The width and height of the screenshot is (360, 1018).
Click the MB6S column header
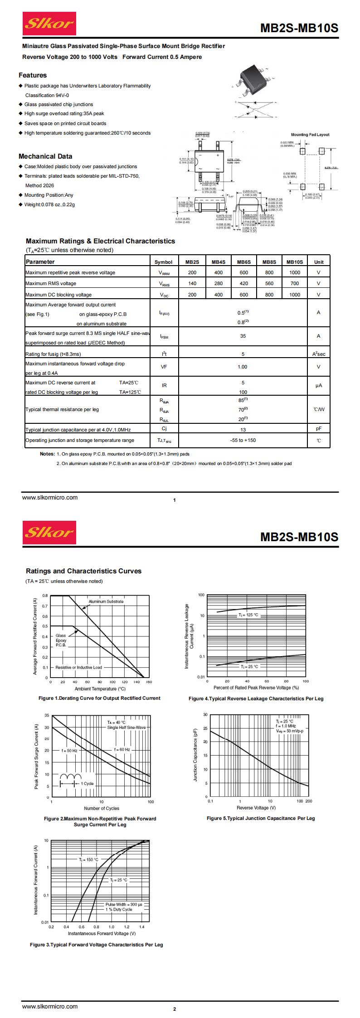(x=243, y=262)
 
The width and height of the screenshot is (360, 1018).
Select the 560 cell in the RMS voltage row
(x=269, y=283)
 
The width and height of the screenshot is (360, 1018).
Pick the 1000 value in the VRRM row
(x=294, y=273)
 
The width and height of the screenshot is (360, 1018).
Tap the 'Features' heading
(x=33, y=75)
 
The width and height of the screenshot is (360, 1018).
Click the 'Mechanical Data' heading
(x=45, y=156)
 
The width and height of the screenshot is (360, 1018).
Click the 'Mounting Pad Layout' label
(x=310, y=135)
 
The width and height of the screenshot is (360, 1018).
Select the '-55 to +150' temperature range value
(x=243, y=440)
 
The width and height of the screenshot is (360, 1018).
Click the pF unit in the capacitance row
(x=319, y=429)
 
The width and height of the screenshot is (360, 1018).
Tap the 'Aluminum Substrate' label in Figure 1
(x=106, y=601)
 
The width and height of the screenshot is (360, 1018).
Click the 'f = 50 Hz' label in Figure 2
(x=69, y=750)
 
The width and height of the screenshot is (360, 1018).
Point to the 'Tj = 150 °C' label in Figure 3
(x=88, y=859)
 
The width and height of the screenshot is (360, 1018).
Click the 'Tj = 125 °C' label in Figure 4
(x=248, y=615)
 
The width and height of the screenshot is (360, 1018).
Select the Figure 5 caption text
(x=260, y=818)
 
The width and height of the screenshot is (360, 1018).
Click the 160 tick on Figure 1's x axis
(x=149, y=682)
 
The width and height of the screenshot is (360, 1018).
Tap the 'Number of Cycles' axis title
(x=102, y=808)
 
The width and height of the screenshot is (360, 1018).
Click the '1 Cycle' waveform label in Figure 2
(x=87, y=784)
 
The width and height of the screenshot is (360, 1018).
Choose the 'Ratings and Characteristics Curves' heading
(x=83, y=571)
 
